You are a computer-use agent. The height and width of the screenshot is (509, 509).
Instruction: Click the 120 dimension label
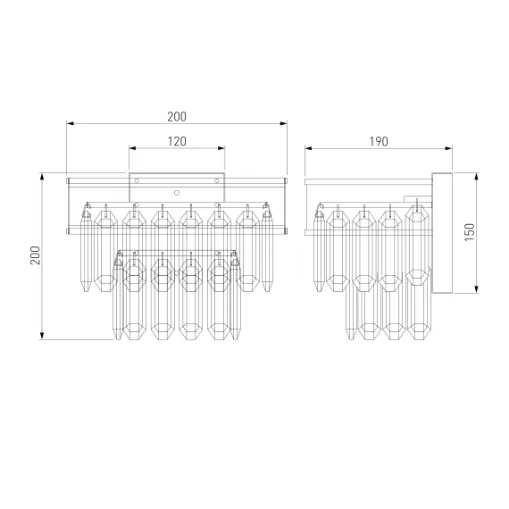(x=177, y=141)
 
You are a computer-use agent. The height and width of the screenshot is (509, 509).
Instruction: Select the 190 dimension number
(x=379, y=141)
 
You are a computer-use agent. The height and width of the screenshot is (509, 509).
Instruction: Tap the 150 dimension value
(x=470, y=232)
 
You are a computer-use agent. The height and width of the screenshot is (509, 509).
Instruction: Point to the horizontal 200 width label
(x=177, y=117)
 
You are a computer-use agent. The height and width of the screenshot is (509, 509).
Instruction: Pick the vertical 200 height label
(x=36, y=255)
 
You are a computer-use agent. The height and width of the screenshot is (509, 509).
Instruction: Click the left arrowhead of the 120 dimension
(x=132, y=148)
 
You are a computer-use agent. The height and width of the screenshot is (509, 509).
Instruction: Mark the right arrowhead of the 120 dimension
(x=221, y=148)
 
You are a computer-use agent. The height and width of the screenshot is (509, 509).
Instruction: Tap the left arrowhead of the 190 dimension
(x=308, y=148)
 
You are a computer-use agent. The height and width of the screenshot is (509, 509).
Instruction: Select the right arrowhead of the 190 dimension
(x=448, y=148)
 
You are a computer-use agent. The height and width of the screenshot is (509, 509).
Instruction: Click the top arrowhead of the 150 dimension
(x=477, y=177)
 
